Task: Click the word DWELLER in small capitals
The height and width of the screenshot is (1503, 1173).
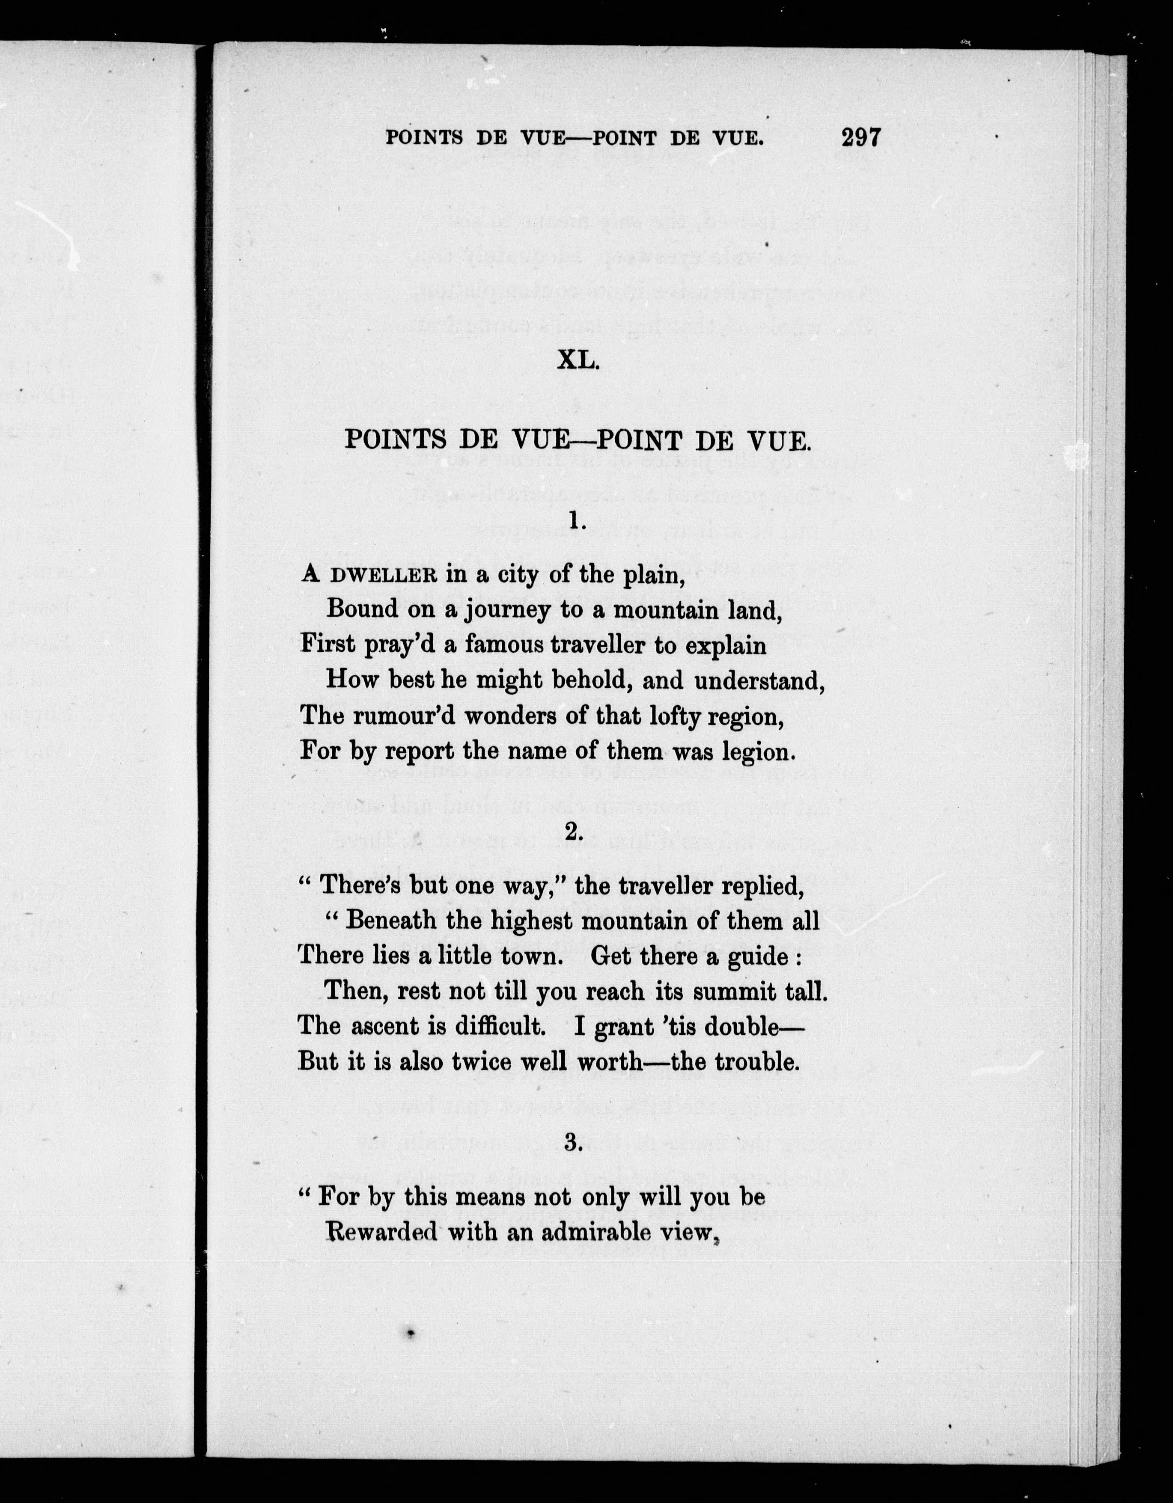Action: pos(384,576)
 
